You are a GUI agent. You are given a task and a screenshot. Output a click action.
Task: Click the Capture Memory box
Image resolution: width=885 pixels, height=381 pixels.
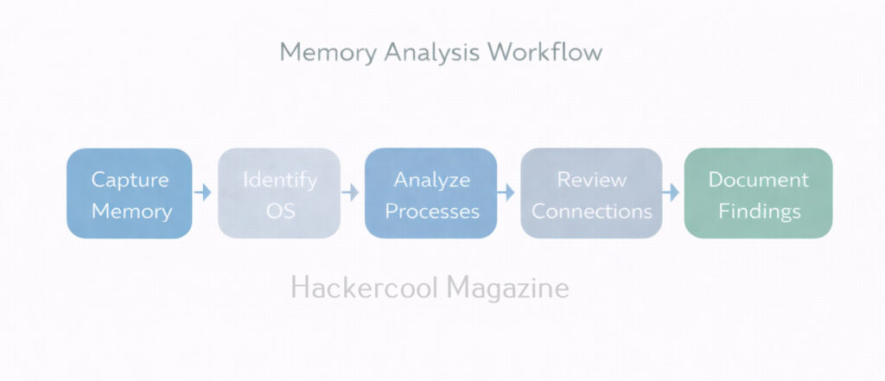tap(130, 194)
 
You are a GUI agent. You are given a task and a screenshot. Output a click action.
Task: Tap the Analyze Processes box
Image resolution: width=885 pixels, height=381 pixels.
tap(430, 194)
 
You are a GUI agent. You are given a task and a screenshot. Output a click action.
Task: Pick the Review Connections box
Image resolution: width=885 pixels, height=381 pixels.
tap(591, 194)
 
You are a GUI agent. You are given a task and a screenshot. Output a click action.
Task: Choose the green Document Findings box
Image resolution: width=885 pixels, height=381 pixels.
tap(758, 194)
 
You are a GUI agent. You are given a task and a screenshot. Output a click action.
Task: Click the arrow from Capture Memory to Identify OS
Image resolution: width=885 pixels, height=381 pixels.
tap(203, 192)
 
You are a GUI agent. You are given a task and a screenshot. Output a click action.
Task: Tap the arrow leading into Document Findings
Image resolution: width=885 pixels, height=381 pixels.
tap(672, 192)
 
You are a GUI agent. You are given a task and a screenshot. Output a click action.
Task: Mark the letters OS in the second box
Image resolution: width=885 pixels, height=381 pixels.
tap(279, 211)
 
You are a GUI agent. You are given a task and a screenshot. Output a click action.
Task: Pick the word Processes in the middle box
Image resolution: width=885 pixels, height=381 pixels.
tap(432, 211)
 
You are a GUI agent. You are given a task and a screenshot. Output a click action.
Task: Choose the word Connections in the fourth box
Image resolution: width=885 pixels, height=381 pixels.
tap(592, 211)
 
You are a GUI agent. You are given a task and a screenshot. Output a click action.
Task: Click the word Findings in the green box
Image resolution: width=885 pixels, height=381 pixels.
tap(759, 211)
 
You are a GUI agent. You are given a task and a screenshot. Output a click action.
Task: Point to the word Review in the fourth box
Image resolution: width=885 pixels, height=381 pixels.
tap(592, 180)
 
